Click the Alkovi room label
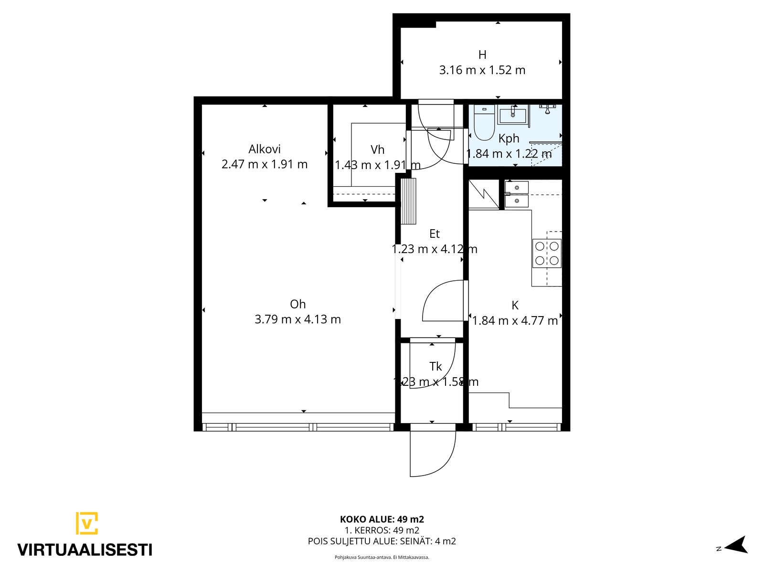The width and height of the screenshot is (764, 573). [x=264, y=149]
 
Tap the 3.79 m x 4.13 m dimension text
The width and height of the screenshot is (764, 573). [x=297, y=319]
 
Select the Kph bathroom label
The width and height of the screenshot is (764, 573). [x=509, y=139]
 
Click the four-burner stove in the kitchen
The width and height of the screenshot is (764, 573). [x=547, y=253]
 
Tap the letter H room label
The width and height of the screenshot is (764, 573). [x=482, y=55]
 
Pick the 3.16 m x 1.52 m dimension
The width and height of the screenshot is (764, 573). [x=482, y=70]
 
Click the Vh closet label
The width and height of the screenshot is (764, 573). [x=377, y=149]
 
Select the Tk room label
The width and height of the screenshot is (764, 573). [x=435, y=366]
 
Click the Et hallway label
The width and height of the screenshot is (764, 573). [x=435, y=234]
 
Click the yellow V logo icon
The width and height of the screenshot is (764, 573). [x=87, y=523]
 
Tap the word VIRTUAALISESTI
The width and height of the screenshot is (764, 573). [x=85, y=551]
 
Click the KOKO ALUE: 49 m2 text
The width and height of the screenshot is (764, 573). [x=382, y=520]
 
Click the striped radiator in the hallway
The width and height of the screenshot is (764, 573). [x=408, y=201]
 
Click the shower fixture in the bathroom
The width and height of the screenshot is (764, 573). [x=547, y=109]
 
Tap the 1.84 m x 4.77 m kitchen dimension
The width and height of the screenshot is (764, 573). [x=515, y=321]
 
